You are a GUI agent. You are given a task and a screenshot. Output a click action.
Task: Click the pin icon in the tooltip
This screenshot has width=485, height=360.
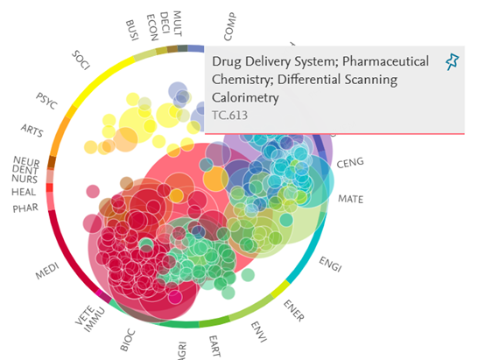(453, 61)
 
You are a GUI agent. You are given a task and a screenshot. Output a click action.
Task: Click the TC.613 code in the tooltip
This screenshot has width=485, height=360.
(230, 116)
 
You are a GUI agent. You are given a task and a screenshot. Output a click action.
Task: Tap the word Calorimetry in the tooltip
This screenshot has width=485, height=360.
(245, 98)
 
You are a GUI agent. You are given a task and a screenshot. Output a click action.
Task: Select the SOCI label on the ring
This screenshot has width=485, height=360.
(81, 60)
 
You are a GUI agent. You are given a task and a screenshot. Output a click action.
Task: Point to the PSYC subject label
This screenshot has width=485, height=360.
(46, 101)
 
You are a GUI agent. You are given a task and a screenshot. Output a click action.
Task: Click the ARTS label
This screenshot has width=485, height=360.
(32, 131)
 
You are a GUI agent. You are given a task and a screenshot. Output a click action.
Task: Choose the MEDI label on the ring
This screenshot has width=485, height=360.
(47, 271)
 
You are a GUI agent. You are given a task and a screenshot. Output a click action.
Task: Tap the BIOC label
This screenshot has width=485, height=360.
(128, 341)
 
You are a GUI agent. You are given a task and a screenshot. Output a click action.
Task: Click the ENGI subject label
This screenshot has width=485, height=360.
(331, 264)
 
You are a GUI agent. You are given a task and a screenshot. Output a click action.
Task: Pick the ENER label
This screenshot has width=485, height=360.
(294, 310)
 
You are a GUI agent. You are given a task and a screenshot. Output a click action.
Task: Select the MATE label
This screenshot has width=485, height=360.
(351, 199)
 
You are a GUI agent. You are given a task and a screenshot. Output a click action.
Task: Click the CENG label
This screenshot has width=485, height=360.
(350, 163)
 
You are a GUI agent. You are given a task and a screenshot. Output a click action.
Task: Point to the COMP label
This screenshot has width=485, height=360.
(230, 26)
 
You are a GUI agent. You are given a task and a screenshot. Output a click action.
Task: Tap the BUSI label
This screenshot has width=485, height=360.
(132, 30)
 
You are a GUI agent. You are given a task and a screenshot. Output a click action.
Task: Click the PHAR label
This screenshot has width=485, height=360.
(25, 208)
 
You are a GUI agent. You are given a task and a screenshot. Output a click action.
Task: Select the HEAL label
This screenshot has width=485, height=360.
(24, 192)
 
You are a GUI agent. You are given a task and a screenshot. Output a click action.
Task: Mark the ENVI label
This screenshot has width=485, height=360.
(258, 332)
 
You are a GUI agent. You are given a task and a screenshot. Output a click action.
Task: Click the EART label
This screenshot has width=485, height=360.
(214, 346)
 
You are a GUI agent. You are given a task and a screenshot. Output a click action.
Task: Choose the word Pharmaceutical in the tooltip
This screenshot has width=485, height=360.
(385, 61)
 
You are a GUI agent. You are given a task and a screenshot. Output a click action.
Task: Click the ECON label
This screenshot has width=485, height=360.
(152, 27)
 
